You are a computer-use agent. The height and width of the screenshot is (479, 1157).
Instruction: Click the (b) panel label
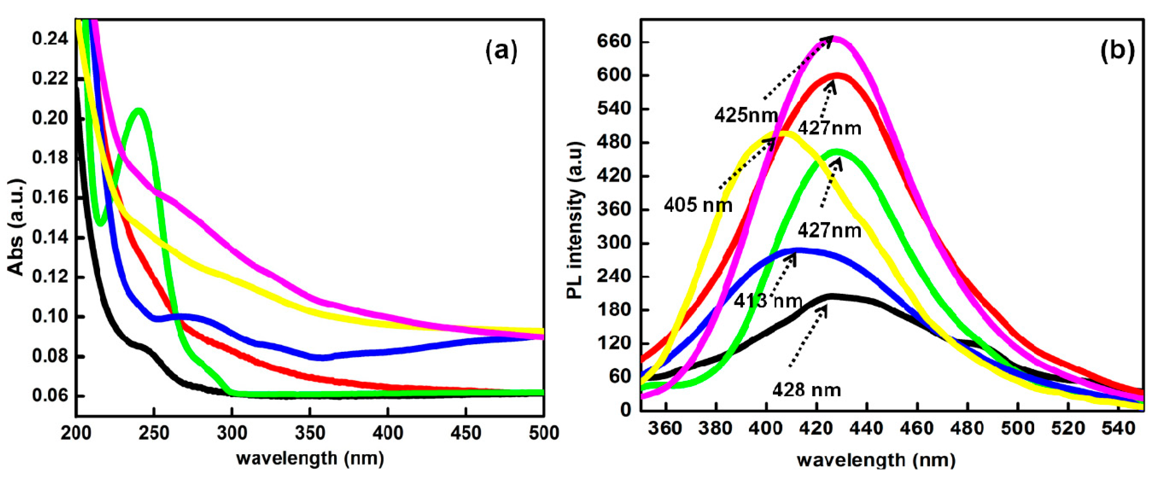click(x=1117, y=51)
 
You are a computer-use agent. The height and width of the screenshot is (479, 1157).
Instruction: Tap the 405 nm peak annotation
click(x=698, y=205)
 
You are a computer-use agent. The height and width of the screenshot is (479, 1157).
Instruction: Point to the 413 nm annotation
click(x=768, y=301)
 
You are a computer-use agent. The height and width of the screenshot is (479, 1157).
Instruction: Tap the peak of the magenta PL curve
click(x=836, y=38)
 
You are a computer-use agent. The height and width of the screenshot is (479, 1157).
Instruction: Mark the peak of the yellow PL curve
click(x=783, y=133)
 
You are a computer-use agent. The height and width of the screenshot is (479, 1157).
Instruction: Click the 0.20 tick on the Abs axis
click(x=50, y=118)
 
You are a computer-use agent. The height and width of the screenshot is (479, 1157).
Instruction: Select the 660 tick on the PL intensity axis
click(x=614, y=42)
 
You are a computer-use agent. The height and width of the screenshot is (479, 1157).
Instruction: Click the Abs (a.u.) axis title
click(x=16, y=227)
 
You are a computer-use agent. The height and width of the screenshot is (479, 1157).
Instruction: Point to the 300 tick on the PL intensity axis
click(x=614, y=243)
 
